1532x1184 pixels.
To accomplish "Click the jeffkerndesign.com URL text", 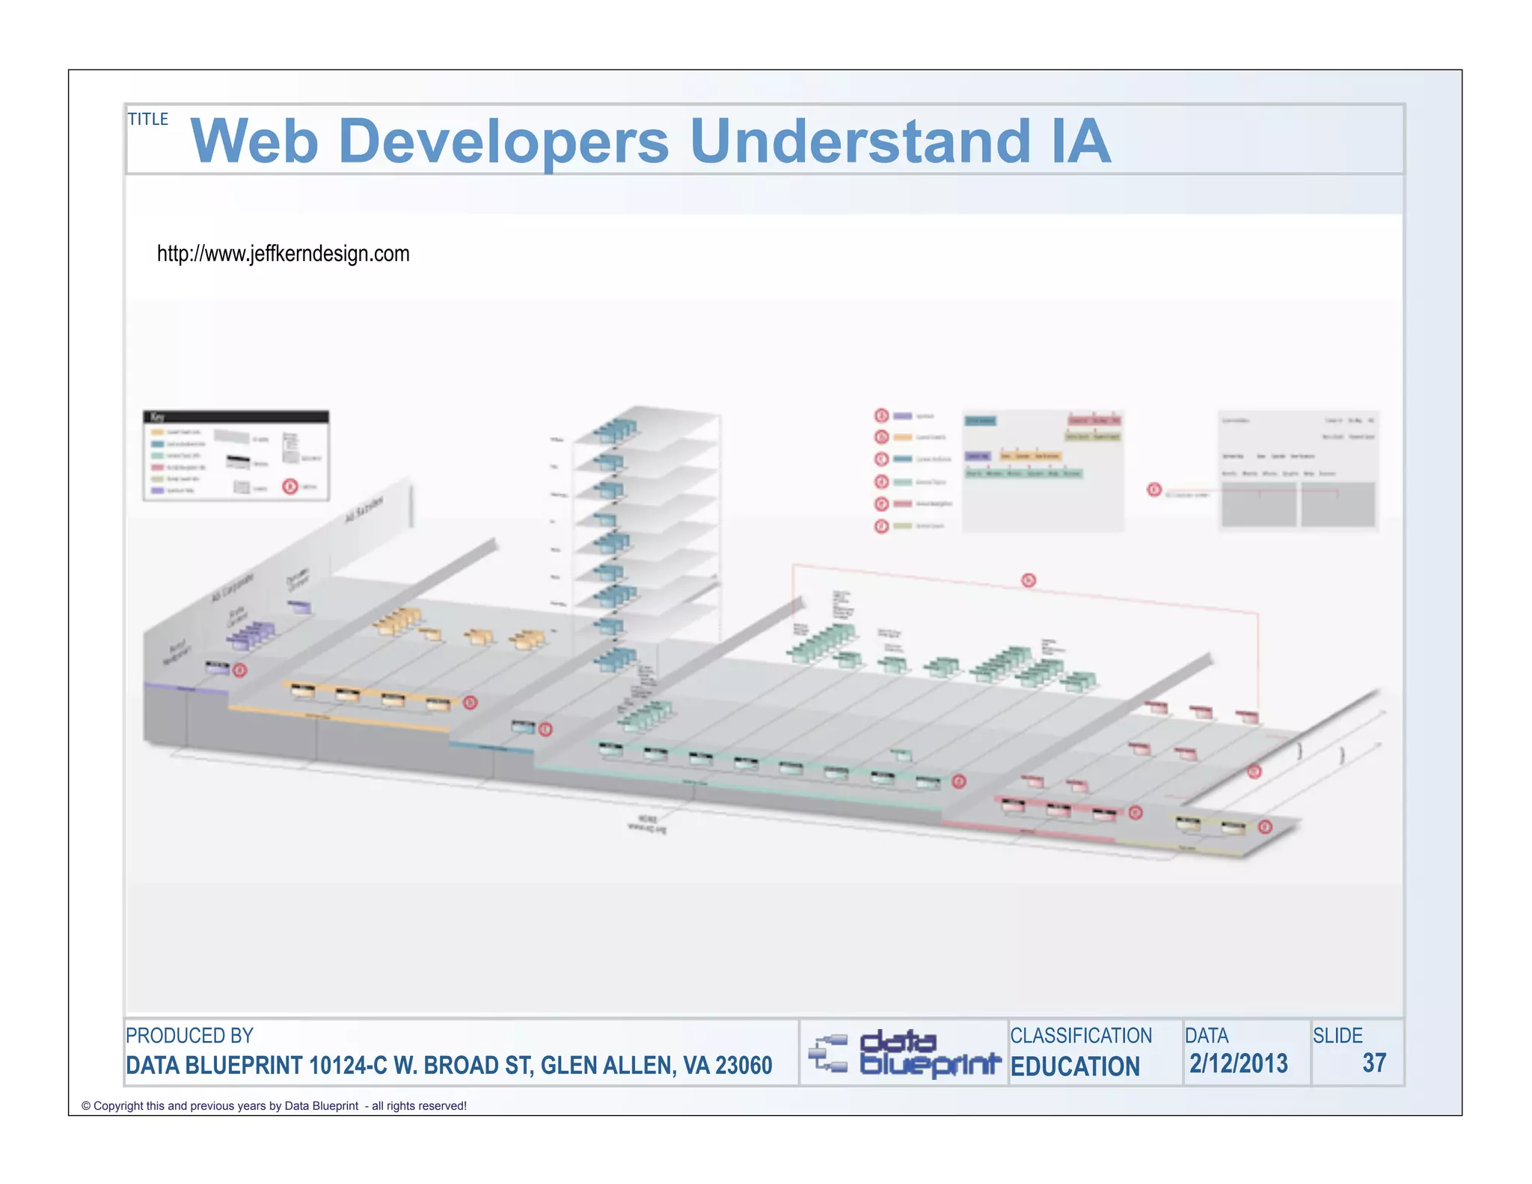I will point(283,254).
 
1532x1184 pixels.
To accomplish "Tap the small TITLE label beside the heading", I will point(148,119).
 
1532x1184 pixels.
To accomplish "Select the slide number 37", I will point(1374,1063).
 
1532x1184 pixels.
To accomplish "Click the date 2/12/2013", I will point(1238,1064).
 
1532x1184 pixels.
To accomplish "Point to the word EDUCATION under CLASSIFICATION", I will point(1075,1066).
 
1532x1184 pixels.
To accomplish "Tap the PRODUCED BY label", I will point(189,1036).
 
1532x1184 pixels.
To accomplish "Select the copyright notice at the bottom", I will point(274,1106).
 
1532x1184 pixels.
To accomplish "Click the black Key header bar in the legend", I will point(236,417).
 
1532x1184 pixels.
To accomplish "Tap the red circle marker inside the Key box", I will point(290,486).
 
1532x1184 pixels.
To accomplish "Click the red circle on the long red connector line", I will point(1029,580).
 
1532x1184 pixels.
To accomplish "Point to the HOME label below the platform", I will point(646,819).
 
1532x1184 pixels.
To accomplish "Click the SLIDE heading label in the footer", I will point(1338,1036).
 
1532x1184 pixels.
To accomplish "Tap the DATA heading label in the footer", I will point(1207,1036).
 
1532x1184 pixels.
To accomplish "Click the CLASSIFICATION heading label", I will point(1081,1036).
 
